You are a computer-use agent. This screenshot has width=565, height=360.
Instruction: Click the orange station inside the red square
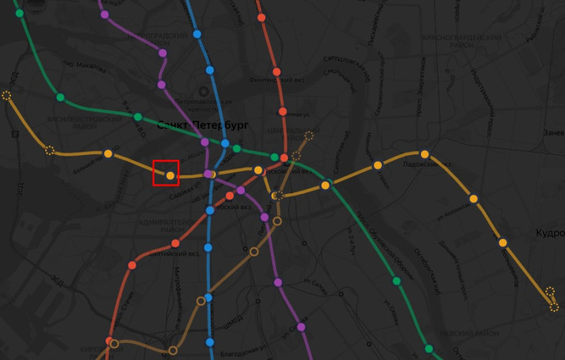170,176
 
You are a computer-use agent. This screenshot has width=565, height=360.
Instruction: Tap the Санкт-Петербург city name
202,125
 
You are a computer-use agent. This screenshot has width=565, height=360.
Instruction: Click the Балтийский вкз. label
180,253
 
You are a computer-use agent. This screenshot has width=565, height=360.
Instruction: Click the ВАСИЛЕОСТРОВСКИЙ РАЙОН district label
93,123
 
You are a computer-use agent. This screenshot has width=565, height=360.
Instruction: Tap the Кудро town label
550,233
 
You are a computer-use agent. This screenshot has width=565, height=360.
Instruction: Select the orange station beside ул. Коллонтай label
473,199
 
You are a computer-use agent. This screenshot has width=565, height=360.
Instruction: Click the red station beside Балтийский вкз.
176,243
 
